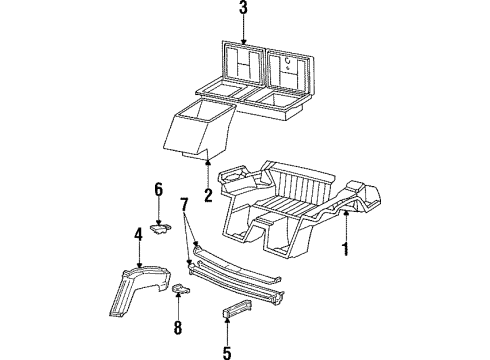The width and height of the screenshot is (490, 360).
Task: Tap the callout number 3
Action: [x=242, y=10]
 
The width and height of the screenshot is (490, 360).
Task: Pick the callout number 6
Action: [x=157, y=189]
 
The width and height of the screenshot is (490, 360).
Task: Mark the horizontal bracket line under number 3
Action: [x=242, y=30]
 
